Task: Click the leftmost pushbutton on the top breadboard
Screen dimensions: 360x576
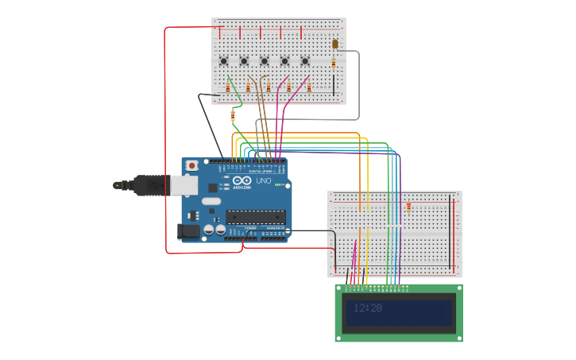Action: [224, 61]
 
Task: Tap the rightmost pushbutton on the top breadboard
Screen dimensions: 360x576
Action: [305, 61]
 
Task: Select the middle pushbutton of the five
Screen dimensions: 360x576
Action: [265, 61]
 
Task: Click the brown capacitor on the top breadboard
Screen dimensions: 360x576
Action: [334, 45]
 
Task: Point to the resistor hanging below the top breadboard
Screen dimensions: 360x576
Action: [233, 115]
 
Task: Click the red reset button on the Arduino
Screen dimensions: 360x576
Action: [191, 165]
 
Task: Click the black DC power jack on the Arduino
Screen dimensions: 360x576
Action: [188, 231]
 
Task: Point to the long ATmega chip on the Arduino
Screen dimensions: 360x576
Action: [255, 216]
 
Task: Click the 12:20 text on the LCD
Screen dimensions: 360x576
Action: [368, 308]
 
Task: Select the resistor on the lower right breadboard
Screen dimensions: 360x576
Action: [409, 208]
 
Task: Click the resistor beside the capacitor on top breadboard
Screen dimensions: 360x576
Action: [334, 63]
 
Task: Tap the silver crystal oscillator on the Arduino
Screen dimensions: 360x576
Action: [211, 202]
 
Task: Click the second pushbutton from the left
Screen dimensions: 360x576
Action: [244, 61]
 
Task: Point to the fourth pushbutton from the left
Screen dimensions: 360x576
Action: [284, 61]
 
